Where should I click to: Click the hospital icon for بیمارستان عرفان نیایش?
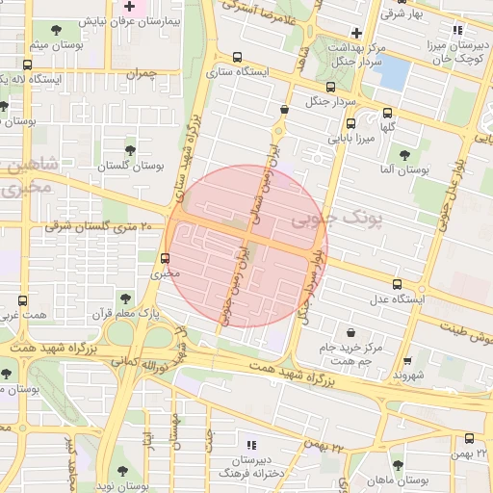coord(129,7)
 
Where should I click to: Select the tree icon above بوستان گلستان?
coord(131,149)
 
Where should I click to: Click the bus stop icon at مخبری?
coord(166,258)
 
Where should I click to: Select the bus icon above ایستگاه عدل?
coord(398,284)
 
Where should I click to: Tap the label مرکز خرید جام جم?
coord(343,352)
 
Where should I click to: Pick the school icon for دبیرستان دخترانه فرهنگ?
coord(251,445)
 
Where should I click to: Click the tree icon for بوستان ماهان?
coord(398,466)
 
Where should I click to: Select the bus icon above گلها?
coord(387,112)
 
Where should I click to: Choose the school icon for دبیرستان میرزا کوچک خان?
coord(457,29)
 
